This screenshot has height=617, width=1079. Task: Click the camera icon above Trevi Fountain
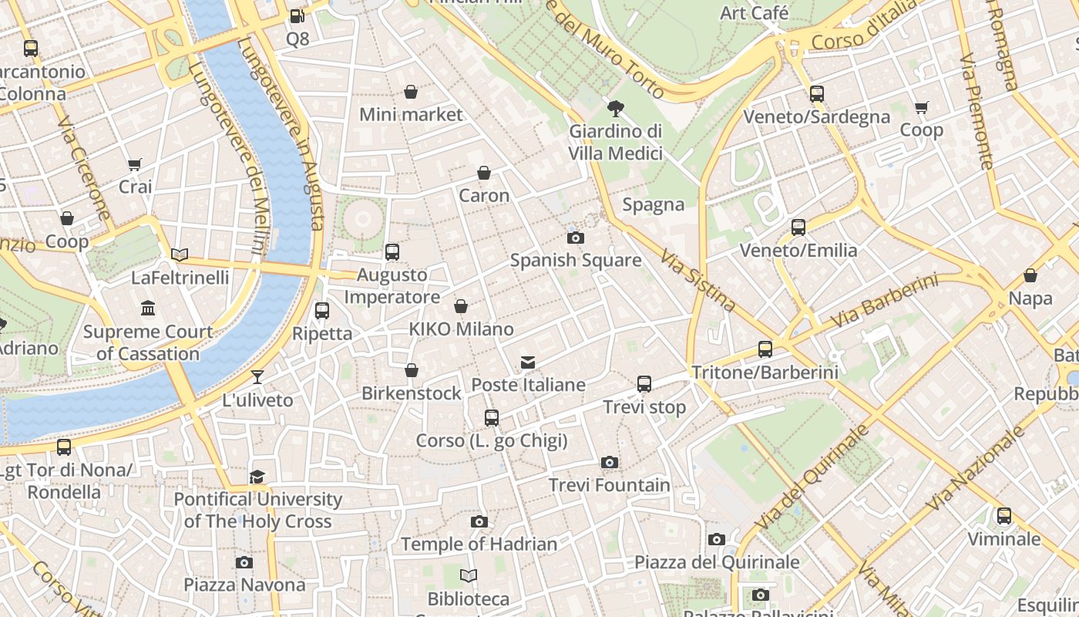pyautogui.click(x=610, y=463)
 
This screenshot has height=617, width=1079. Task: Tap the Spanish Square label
pyautogui.click(x=576, y=260)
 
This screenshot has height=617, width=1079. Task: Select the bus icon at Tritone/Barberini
pyautogui.click(x=765, y=349)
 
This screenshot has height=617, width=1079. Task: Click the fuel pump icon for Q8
pyautogui.click(x=297, y=16)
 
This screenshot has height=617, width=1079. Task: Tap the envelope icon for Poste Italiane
pyautogui.click(x=528, y=362)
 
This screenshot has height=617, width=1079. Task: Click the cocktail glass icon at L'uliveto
pyautogui.click(x=257, y=377)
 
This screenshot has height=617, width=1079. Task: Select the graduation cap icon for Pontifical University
pyautogui.click(x=257, y=477)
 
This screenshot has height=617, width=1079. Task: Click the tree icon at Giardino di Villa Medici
pyautogui.click(x=615, y=109)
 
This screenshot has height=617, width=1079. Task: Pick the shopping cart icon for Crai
pyautogui.click(x=135, y=164)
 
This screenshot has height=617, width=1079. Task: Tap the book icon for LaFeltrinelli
pyautogui.click(x=180, y=255)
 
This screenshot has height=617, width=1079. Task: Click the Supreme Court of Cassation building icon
pyautogui.click(x=148, y=309)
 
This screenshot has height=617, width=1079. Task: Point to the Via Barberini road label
pyautogui.click(x=886, y=302)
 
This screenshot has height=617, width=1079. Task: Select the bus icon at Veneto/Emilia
pyautogui.click(x=798, y=228)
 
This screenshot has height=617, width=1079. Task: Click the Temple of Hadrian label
pyautogui.click(x=479, y=545)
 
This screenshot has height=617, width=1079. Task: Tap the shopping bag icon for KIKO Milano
pyautogui.click(x=461, y=307)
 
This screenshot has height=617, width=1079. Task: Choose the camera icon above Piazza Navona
pyautogui.click(x=244, y=563)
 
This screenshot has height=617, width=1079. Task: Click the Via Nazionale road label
pyautogui.click(x=976, y=468)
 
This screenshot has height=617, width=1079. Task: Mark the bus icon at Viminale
pyautogui.click(x=1004, y=516)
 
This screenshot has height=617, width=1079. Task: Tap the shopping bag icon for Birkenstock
pyautogui.click(x=412, y=371)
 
